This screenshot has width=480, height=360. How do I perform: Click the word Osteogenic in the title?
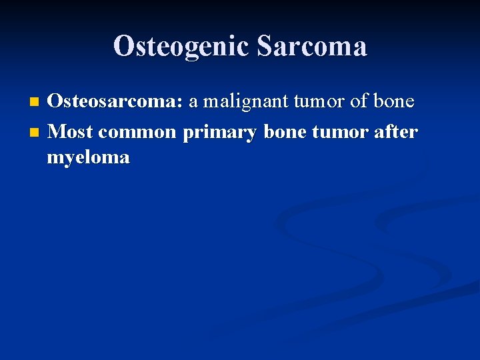[x=181, y=47]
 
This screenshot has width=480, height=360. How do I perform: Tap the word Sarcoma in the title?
[x=311, y=47]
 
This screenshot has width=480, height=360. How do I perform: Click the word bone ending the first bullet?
[x=393, y=102]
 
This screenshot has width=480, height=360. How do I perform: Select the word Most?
[x=71, y=132]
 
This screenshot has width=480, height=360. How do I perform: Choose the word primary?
[x=220, y=133]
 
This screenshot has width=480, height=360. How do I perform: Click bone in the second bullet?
[x=287, y=132]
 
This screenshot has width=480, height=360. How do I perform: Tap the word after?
[x=397, y=132]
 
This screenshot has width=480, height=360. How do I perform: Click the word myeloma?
[x=88, y=158]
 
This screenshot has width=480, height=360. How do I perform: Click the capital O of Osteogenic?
[x=123, y=47]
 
